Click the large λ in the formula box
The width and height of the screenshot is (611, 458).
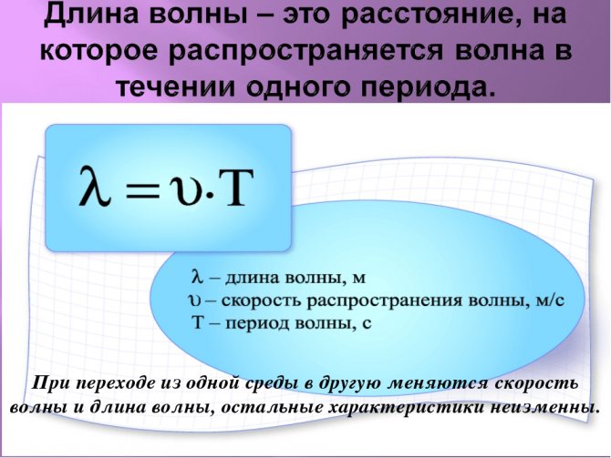coord(95,185)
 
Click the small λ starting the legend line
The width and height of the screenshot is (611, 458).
coord(198,277)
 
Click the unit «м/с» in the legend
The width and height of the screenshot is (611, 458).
coord(550,300)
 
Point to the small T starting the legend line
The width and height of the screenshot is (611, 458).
coord(198,322)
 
